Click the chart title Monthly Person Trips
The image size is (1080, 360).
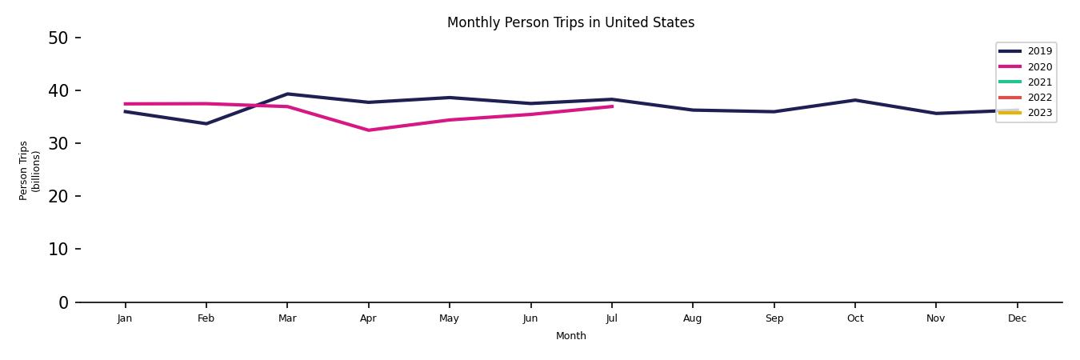click(x=570, y=22)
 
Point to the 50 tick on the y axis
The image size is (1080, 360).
click(x=58, y=38)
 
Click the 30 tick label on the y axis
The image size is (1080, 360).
click(x=58, y=143)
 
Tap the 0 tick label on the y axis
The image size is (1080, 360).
click(x=63, y=302)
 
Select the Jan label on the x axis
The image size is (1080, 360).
click(x=125, y=318)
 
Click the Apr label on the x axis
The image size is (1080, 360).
click(x=368, y=318)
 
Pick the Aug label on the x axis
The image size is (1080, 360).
click(x=693, y=318)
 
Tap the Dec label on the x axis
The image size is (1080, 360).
click(x=1017, y=318)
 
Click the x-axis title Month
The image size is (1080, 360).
click(x=571, y=336)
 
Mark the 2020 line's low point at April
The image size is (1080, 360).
click(x=368, y=130)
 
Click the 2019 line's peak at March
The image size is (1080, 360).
click(x=287, y=94)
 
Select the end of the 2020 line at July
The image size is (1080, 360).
click(x=612, y=106)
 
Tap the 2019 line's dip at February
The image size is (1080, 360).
click(x=206, y=123)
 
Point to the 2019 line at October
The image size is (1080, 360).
click(x=855, y=100)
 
